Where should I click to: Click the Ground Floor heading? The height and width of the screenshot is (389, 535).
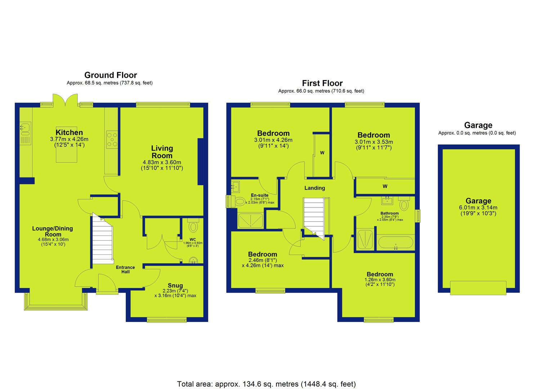[x=111, y=75]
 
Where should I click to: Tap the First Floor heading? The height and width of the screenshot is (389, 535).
[x=322, y=83]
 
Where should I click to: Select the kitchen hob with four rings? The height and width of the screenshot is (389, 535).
[x=112, y=140]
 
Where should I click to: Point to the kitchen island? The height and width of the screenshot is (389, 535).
[x=66, y=144]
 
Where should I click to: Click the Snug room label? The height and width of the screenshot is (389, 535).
[x=175, y=285]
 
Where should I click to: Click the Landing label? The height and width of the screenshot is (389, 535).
[x=315, y=188]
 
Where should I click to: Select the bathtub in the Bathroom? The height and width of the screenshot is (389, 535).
[x=396, y=242]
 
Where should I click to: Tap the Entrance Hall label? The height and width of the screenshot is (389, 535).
[x=125, y=270]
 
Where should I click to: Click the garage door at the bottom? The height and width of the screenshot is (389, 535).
[x=478, y=288]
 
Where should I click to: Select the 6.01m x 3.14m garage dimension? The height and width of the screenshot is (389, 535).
[x=478, y=207]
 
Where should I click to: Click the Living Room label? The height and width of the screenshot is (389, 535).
[x=162, y=152]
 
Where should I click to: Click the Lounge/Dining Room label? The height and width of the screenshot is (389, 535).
[x=53, y=231]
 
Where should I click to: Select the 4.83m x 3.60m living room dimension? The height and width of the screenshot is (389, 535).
[x=162, y=162]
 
